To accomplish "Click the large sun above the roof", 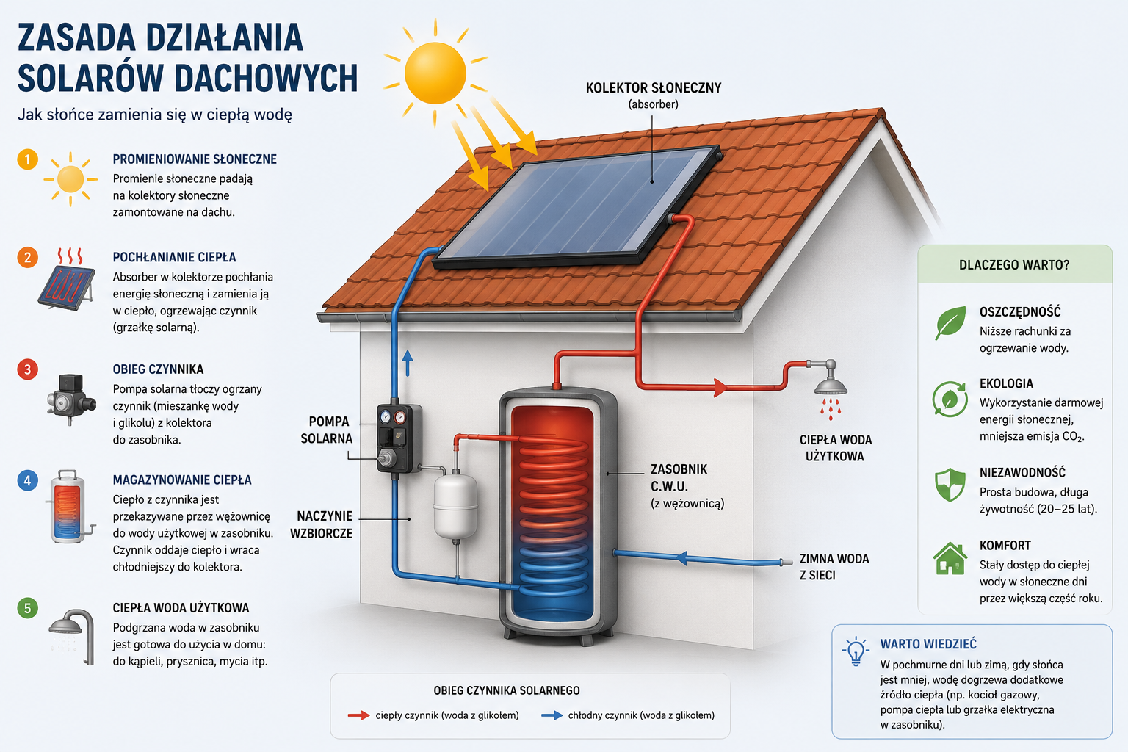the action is [435, 73].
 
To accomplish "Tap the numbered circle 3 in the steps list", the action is [28, 369].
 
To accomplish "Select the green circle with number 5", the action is [28, 608].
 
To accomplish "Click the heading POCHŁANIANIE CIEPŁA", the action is [174, 257].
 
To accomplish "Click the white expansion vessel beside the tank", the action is [455, 506].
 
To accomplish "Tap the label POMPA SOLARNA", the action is [327, 430].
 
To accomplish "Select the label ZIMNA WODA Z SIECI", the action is [834, 567].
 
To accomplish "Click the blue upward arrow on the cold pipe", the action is [408, 364].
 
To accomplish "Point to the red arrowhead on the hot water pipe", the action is [720, 387].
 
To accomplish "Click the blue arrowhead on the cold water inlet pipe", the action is [681, 557].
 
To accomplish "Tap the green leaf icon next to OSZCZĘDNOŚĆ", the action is [950, 322].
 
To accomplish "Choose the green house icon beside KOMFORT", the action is [950, 558].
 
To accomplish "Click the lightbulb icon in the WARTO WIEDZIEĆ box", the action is [856, 651].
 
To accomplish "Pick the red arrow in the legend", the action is [358, 715].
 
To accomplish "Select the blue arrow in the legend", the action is [552, 715].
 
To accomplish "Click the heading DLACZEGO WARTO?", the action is [1014, 265].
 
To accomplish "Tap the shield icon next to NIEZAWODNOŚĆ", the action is [950, 485].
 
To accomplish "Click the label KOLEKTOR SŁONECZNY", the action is [654, 87].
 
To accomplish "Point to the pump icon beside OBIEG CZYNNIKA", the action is [71, 399].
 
